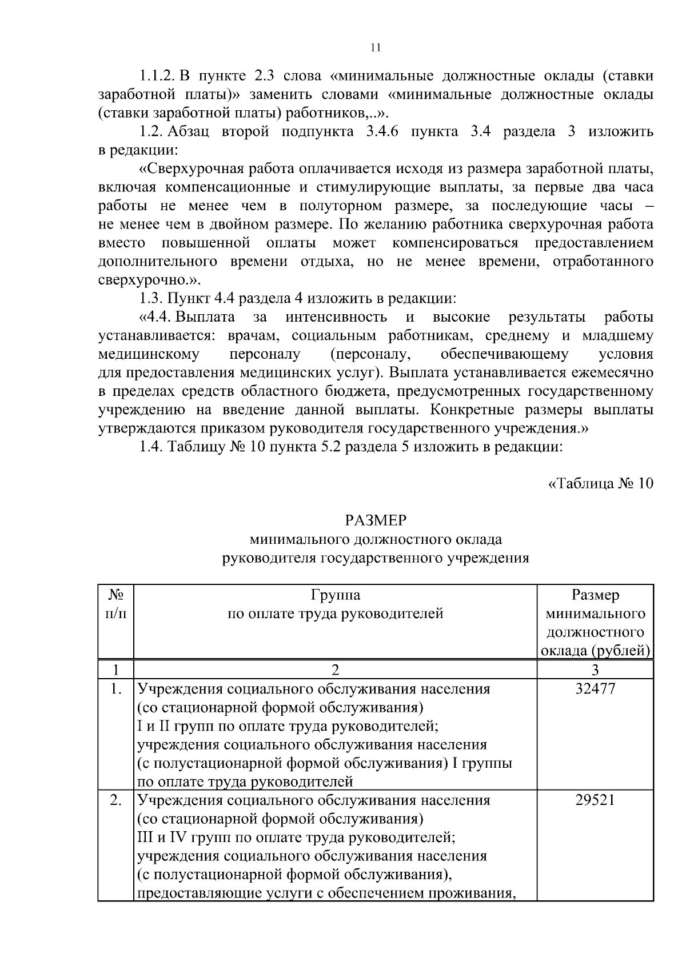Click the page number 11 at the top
(376, 48)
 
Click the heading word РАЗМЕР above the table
(376, 520)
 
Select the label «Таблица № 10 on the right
(600, 483)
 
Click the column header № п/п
(116, 604)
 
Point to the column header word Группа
(336, 595)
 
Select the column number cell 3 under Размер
(595, 670)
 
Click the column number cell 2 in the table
(336, 670)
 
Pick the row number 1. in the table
(116, 689)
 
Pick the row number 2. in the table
(116, 800)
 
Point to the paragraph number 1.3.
(151, 299)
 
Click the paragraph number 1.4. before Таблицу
(151, 447)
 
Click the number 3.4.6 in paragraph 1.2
(382, 132)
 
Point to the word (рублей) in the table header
(621, 651)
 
